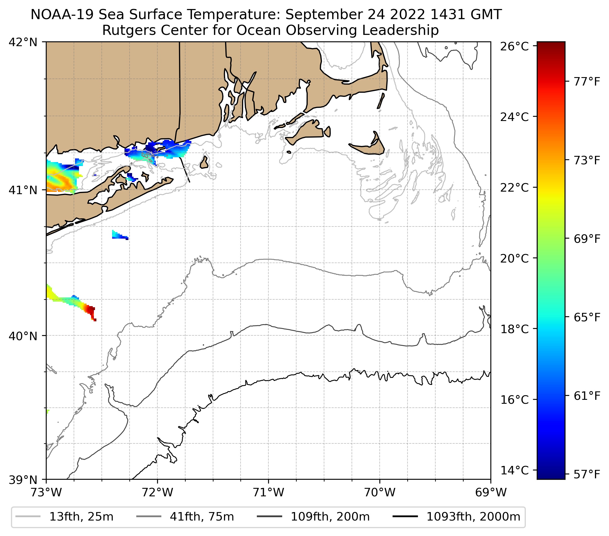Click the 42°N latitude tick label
click(x=23, y=42)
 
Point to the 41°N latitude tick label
click(x=23, y=190)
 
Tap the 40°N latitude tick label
click(x=23, y=336)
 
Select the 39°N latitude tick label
click(x=23, y=480)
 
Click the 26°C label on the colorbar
click(x=514, y=46)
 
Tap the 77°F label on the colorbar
click(x=587, y=81)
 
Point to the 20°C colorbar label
click(x=514, y=258)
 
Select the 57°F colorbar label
click(x=587, y=474)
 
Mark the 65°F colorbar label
click(x=587, y=317)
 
